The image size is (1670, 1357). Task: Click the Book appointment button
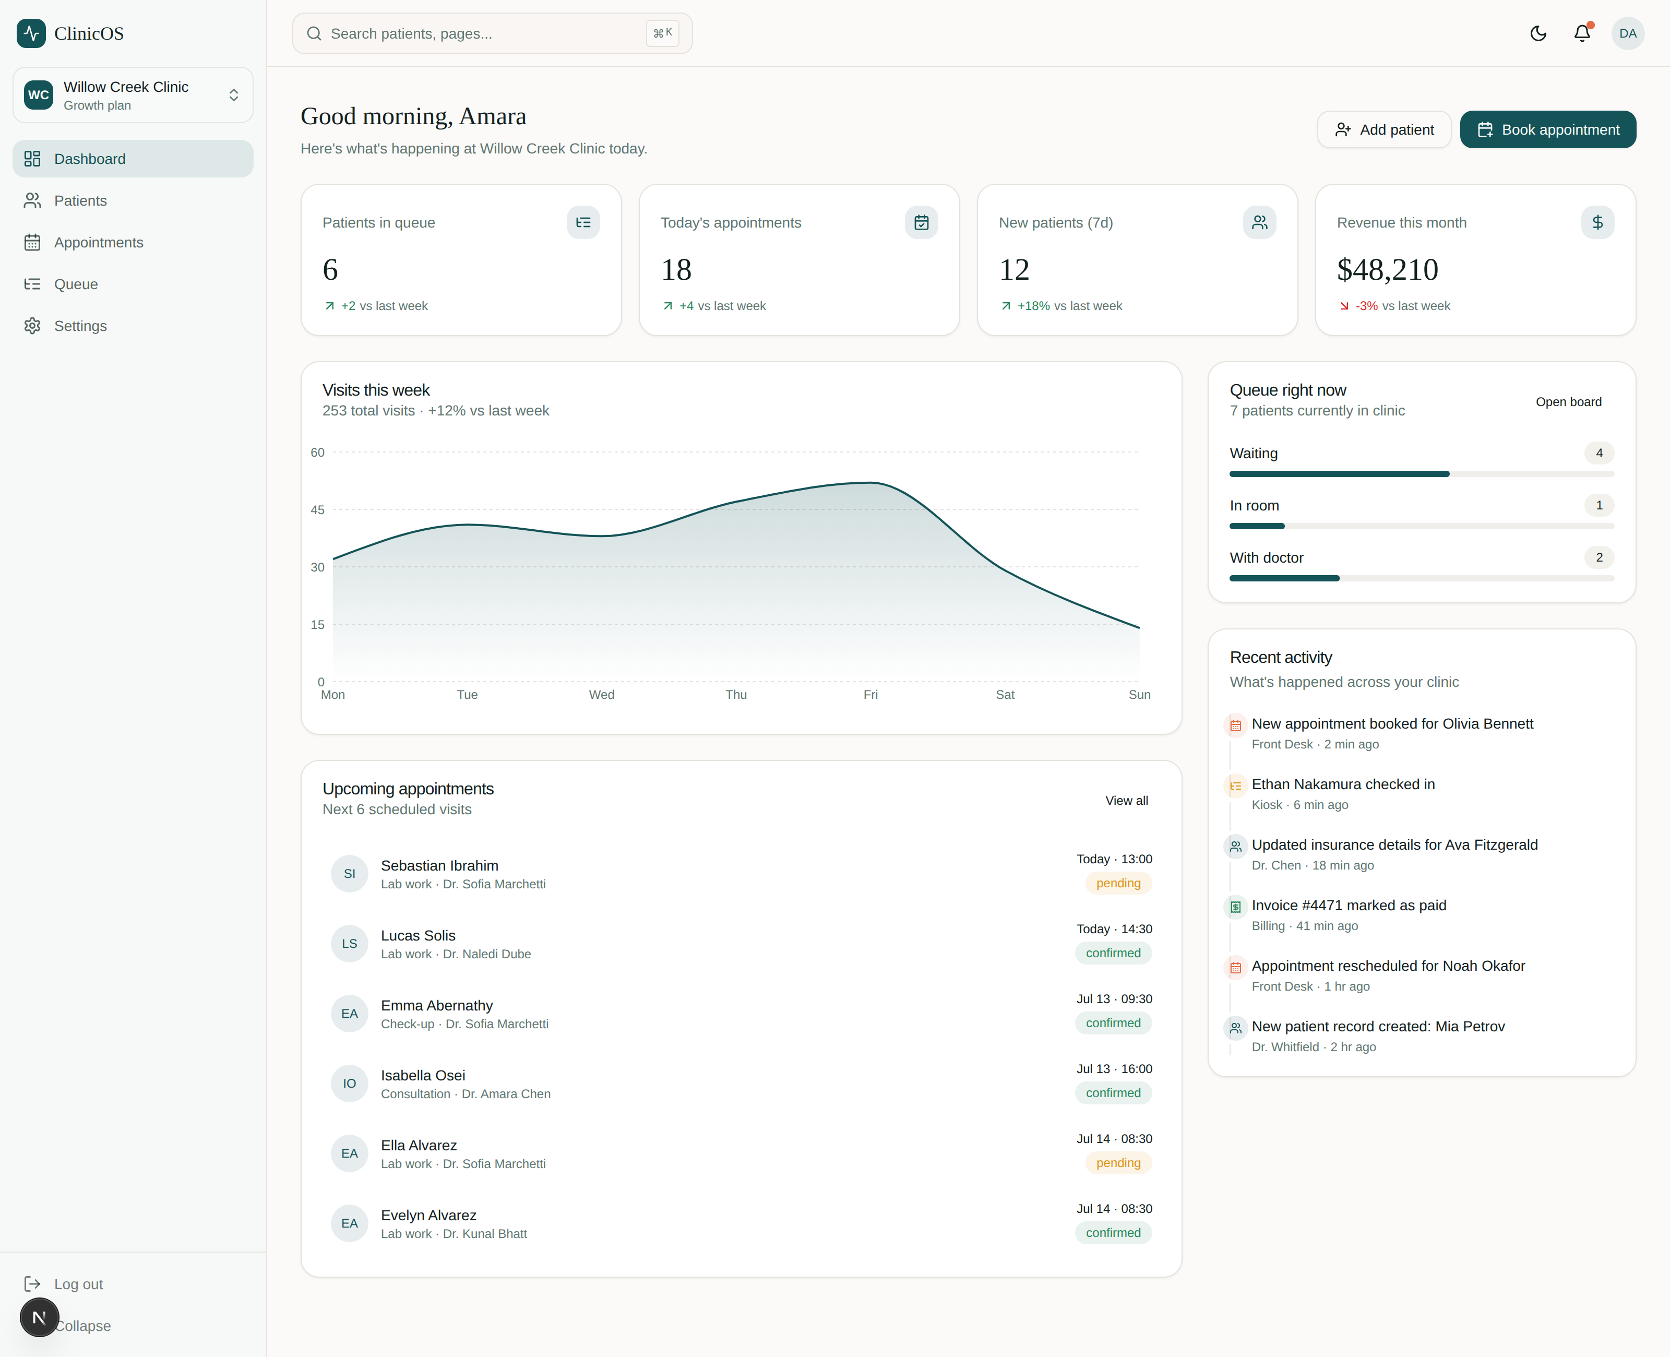1547,130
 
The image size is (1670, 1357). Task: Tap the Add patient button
1384,130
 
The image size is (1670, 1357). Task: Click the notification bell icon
1582,33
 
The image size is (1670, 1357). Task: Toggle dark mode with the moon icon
1538,33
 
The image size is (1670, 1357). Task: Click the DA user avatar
1628,33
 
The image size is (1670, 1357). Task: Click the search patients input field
492,33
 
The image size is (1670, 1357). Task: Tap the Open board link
1568,402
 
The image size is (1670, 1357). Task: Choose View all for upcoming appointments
1126,801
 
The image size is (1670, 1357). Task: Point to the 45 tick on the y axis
317,509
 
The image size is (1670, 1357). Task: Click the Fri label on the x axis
870,694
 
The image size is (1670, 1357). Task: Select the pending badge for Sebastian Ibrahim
1118,883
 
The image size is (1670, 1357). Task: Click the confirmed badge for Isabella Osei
1114,1093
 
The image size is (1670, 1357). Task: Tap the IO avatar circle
349,1084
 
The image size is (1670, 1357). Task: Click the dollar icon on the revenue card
1597,223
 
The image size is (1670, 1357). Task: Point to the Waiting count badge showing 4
1599,454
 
